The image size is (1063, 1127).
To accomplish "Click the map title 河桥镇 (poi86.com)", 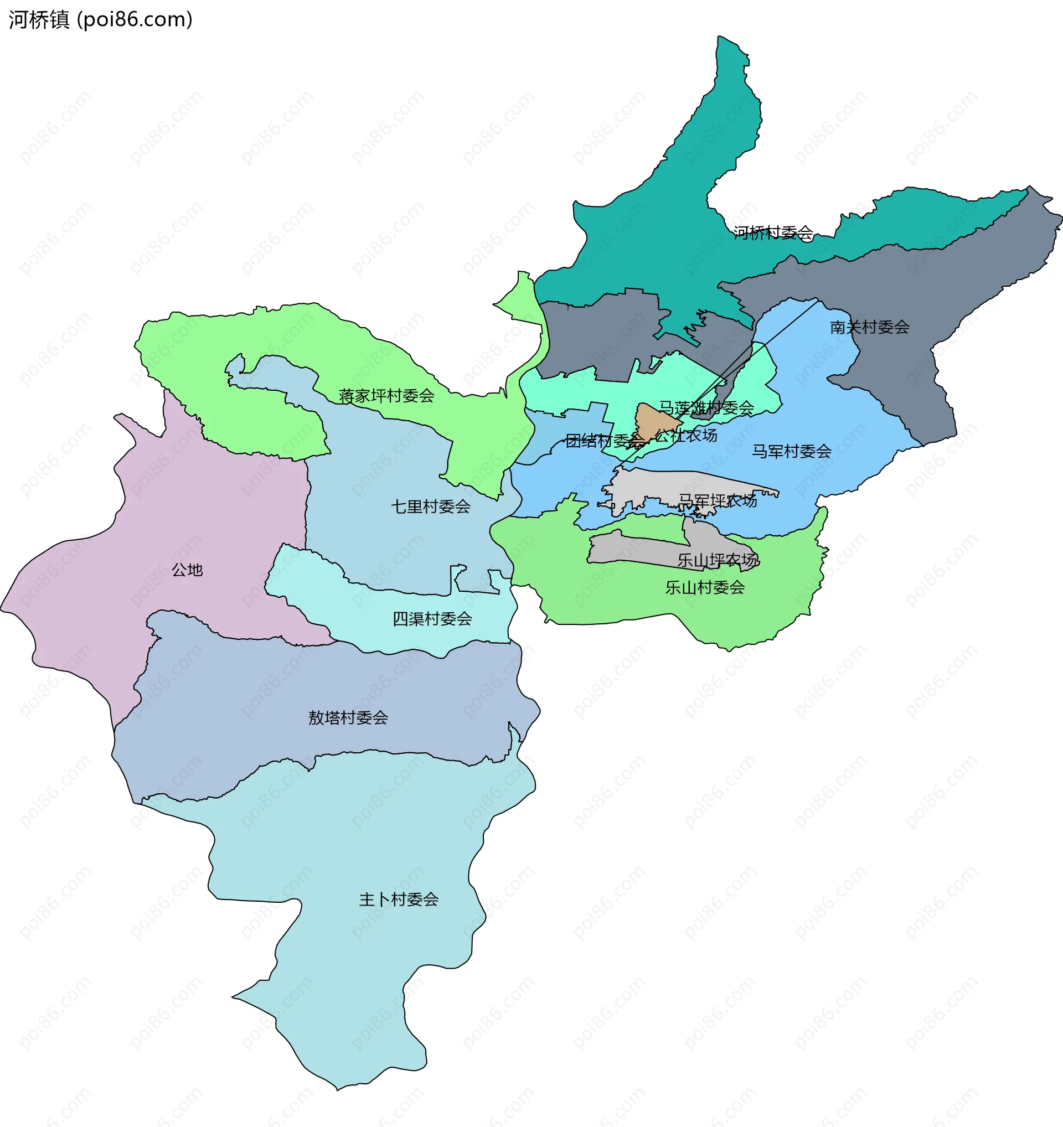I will pyautogui.click(x=100, y=20).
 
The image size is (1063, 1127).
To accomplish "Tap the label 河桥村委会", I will pyautogui.click(x=773, y=232).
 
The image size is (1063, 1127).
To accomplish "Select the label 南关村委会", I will pyautogui.click(x=869, y=327).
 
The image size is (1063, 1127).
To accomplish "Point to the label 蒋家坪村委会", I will pyautogui.click(x=386, y=396).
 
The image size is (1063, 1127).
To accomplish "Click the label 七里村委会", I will pyautogui.click(x=430, y=507).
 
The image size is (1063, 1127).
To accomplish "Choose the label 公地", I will pyautogui.click(x=187, y=570).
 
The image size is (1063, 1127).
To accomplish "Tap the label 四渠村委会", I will pyautogui.click(x=432, y=619).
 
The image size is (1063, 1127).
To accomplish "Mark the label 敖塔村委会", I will pyautogui.click(x=348, y=718).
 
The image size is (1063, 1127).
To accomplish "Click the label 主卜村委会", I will pyautogui.click(x=398, y=899).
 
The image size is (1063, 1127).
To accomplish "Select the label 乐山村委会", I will pyautogui.click(x=704, y=587).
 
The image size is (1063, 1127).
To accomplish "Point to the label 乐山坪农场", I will pyautogui.click(x=716, y=560).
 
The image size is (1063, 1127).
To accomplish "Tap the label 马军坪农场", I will pyautogui.click(x=717, y=500).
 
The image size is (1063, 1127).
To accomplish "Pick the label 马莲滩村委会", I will pyautogui.click(x=706, y=407).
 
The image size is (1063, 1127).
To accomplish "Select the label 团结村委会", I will pyautogui.click(x=605, y=441).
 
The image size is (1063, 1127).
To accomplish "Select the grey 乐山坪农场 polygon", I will pyautogui.click(x=635, y=550).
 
